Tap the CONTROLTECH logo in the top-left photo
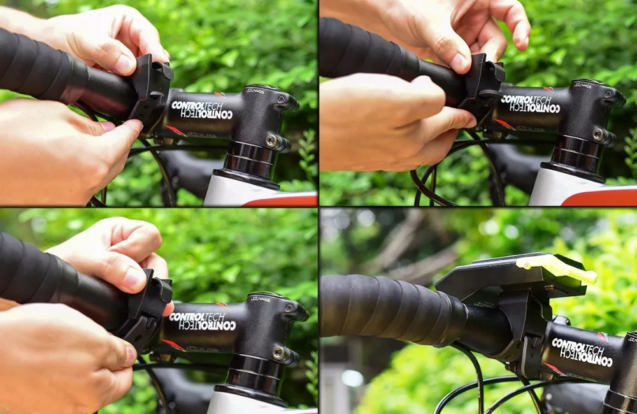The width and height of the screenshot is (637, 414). [202, 109]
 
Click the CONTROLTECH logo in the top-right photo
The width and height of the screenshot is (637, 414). [530, 104]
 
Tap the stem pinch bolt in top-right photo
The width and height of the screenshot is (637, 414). [598, 134]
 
